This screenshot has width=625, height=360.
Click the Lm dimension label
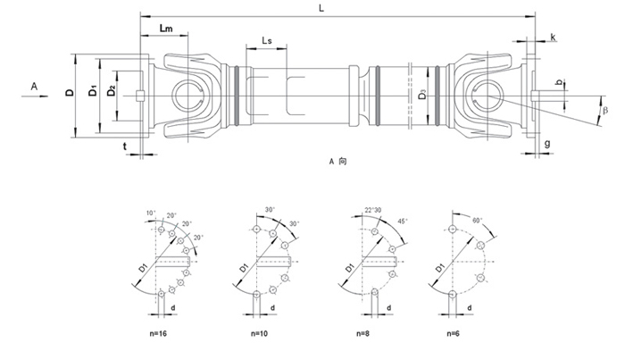click(x=165, y=30)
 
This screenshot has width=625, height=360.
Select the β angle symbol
click(x=605, y=110)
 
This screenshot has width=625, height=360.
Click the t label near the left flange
click(x=125, y=145)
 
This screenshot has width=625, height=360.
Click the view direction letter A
click(x=33, y=86)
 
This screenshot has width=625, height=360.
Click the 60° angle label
click(x=479, y=218)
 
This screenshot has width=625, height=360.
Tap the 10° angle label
click(x=152, y=212)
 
